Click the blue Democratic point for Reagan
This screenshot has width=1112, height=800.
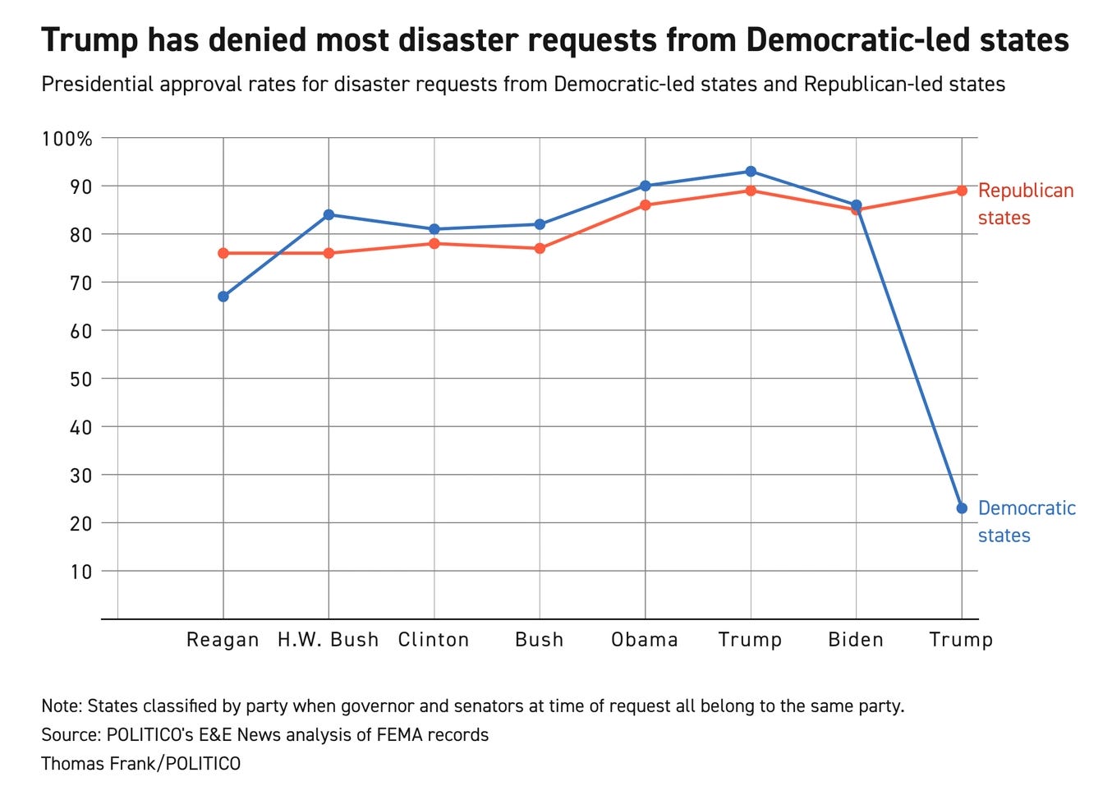[x=223, y=297]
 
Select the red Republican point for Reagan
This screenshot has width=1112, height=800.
[x=223, y=253]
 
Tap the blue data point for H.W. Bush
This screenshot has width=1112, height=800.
[x=329, y=214]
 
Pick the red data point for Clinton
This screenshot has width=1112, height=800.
[x=434, y=243]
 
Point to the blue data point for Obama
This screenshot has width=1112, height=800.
[x=645, y=186]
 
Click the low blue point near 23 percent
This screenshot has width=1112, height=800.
[x=962, y=508]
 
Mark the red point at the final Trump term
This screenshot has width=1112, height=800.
[x=962, y=191]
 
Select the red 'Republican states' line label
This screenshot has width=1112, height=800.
[x=1025, y=204]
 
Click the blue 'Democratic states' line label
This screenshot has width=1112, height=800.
[x=1026, y=522]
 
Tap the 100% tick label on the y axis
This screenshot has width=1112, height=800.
[x=67, y=139]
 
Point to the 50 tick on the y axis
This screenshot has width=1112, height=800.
[x=80, y=379]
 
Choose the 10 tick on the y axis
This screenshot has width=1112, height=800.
[x=80, y=572]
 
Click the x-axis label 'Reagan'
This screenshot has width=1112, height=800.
[x=223, y=640]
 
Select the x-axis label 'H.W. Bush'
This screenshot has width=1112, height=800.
[x=329, y=640]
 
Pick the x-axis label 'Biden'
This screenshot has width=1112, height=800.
[x=856, y=640]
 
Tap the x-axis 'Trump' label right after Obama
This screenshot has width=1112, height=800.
[x=750, y=640]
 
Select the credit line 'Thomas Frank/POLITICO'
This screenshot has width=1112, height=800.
[x=140, y=763]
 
